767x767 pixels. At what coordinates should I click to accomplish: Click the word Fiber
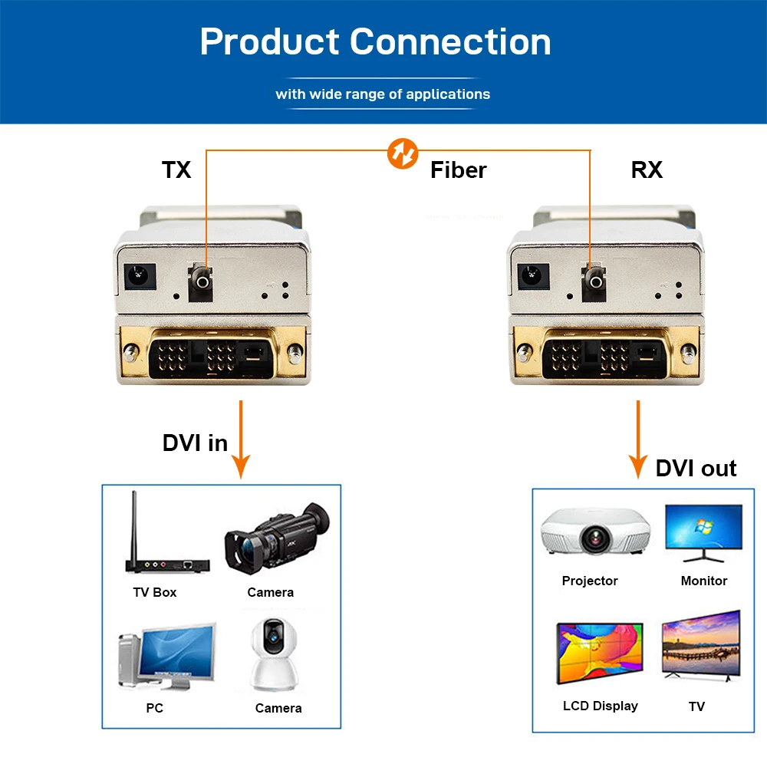tap(459, 170)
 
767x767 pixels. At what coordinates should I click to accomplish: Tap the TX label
tap(176, 170)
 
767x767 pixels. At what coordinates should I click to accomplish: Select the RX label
tap(647, 170)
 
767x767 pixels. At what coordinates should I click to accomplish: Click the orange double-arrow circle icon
tap(403, 153)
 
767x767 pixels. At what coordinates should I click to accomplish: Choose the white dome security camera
tap(274, 654)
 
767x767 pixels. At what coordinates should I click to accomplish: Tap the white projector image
tap(595, 532)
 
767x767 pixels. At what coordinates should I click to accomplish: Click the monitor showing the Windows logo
tap(703, 533)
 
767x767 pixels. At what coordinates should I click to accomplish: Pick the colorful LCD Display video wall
tap(600, 653)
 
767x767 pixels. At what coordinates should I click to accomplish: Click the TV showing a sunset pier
tap(701, 645)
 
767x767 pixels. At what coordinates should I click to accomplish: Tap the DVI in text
tap(195, 443)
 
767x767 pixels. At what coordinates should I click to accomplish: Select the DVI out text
tap(696, 468)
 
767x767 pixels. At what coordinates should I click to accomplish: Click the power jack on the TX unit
tap(140, 276)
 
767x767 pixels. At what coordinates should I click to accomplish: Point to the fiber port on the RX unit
tap(594, 281)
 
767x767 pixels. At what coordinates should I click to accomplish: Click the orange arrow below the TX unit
tap(241, 439)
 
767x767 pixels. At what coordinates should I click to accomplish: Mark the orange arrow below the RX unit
tap(638, 439)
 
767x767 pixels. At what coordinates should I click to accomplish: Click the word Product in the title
tap(269, 41)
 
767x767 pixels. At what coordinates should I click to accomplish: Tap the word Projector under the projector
tap(590, 581)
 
